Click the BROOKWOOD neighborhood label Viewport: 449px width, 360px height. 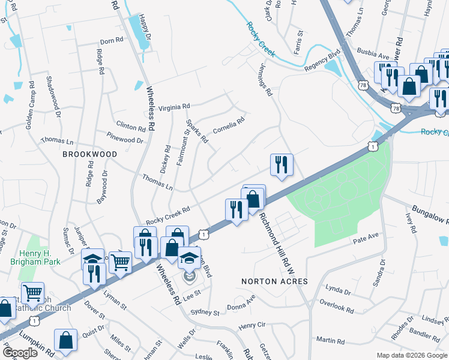point(90,154)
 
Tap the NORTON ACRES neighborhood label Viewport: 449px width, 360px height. point(274,281)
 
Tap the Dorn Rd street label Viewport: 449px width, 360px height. point(111,41)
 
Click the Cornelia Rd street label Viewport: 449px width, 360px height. point(229,125)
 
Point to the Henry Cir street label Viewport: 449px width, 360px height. point(252,326)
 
